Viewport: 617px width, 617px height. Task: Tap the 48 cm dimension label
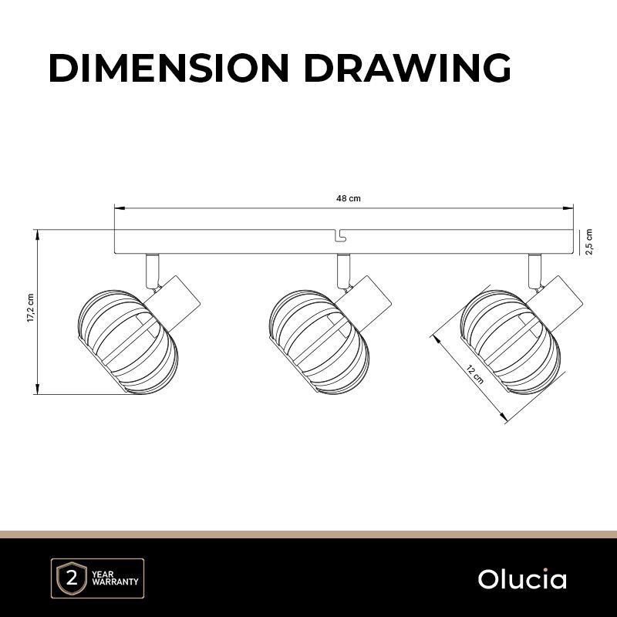[x=349, y=198]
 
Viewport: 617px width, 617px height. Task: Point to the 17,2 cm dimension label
[x=30, y=308]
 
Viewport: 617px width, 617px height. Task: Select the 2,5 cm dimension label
[x=589, y=241]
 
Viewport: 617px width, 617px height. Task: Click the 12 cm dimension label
[x=475, y=375]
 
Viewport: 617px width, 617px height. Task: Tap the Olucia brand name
[x=522, y=579]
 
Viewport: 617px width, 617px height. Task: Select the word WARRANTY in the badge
[x=115, y=582]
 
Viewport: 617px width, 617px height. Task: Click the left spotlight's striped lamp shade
[x=128, y=342]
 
